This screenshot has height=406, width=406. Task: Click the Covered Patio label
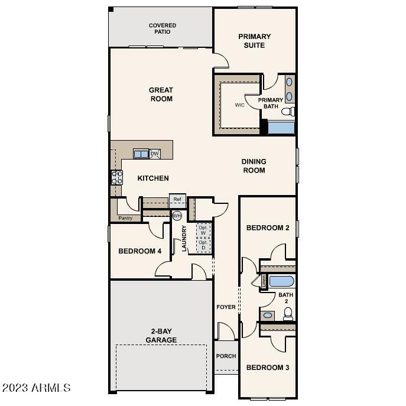[163, 28]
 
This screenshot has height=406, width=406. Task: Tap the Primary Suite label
[251, 41]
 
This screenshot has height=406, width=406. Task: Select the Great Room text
[161, 95]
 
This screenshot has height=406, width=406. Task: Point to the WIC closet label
[240, 105]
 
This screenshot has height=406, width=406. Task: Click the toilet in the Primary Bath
[288, 112]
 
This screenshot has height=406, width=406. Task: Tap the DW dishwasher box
[155, 154]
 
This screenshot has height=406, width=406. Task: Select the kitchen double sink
[141, 154]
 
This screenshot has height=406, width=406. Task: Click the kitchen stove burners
[116, 177]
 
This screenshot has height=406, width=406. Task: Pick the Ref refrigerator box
[177, 199]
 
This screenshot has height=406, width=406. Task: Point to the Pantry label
[125, 218]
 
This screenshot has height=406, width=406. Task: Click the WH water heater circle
[177, 216]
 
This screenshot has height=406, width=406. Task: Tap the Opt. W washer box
[203, 230]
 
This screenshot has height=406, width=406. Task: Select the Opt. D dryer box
[203, 245]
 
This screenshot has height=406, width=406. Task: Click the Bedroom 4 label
[140, 251]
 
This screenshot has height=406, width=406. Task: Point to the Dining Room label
[254, 166]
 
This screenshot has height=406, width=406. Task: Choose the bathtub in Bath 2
[281, 281]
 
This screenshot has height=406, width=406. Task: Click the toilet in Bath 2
[288, 314]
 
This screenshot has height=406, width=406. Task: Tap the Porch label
[226, 356]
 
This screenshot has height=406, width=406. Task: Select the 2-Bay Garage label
[161, 336]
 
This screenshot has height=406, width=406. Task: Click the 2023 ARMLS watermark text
[37, 388]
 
